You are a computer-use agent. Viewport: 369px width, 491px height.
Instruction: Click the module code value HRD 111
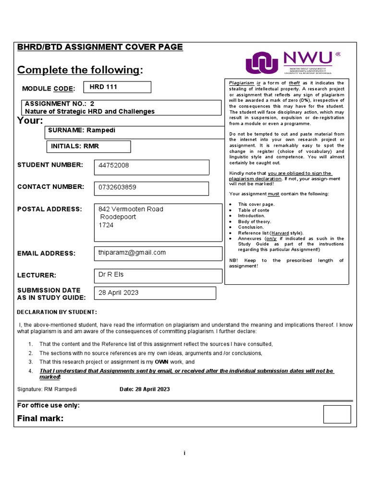(x=103, y=87)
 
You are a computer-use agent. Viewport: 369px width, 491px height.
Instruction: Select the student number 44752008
(x=114, y=165)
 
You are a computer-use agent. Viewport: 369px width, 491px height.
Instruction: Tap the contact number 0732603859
(x=117, y=187)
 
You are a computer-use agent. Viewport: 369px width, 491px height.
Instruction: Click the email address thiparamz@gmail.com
(x=132, y=253)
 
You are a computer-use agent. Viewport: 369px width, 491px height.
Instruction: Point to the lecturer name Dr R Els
(x=111, y=275)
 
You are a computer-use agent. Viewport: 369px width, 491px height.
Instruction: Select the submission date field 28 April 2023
(x=118, y=293)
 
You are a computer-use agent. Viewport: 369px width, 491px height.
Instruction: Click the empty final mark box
(x=337, y=414)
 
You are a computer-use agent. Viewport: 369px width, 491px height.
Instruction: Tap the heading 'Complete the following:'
(x=80, y=70)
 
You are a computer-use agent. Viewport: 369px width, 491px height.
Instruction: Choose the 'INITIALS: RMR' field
(x=75, y=146)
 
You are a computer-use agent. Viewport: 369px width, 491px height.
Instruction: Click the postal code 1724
(x=106, y=225)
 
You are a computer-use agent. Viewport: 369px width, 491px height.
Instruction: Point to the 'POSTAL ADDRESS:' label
(x=49, y=209)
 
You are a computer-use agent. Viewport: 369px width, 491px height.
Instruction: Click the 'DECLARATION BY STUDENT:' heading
(x=57, y=313)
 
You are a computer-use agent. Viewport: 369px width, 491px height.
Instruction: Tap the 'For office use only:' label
(x=49, y=406)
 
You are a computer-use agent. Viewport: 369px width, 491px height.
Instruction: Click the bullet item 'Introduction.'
(x=252, y=216)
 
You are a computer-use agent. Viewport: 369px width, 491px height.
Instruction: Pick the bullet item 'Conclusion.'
(x=251, y=227)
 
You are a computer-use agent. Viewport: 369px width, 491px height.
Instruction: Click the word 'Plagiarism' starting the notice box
(x=241, y=83)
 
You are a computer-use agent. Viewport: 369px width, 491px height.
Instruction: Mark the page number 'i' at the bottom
(x=184, y=454)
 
